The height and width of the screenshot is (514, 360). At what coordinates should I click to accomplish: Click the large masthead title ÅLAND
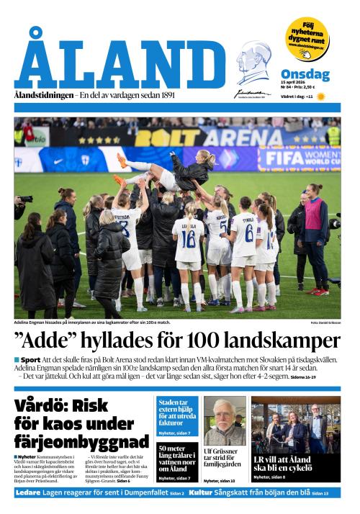tap(119, 61)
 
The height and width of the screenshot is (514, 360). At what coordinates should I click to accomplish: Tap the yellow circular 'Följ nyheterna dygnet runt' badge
tap(307, 38)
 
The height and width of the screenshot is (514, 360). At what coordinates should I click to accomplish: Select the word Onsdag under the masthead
tap(305, 74)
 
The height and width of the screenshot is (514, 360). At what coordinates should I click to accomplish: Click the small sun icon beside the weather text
tap(321, 96)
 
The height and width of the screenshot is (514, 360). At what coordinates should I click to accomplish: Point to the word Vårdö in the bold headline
tap(45, 405)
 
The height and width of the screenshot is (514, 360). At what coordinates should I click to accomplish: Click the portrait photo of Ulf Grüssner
tap(224, 421)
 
